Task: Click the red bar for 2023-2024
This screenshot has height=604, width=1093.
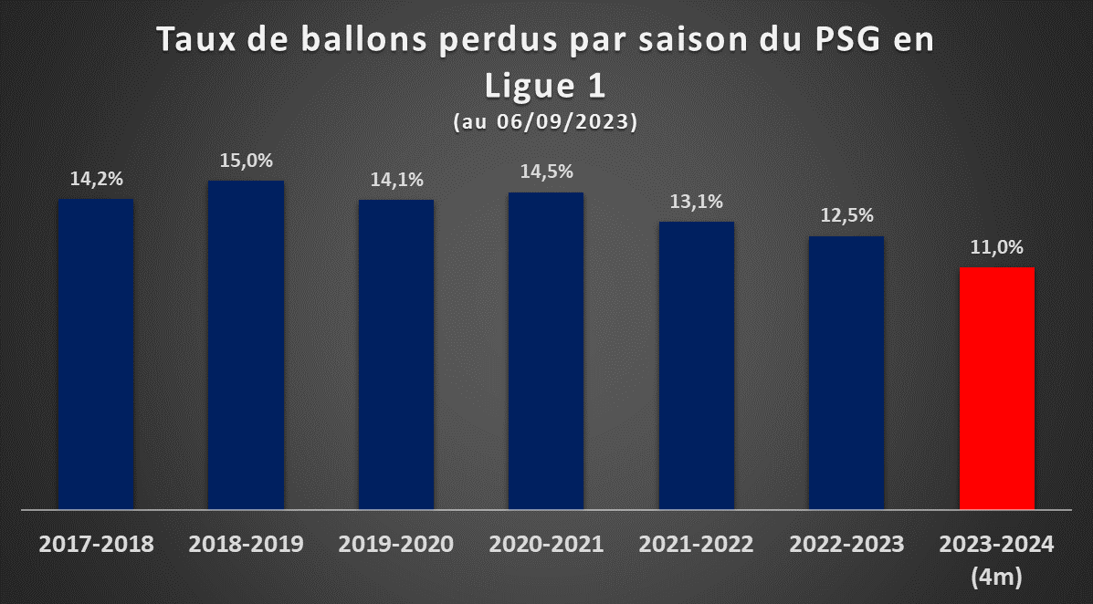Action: pyautogui.click(x=997, y=388)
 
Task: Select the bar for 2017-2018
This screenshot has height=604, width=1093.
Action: pyautogui.click(x=96, y=354)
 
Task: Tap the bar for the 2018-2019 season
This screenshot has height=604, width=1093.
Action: pyautogui.click(x=246, y=345)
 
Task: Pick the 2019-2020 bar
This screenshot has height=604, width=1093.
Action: pyautogui.click(x=396, y=355)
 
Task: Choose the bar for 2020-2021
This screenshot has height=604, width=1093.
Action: pyautogui.click(x=546, y=350)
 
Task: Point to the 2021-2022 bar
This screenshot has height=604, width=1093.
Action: pyautogui.click(x=697, y=365)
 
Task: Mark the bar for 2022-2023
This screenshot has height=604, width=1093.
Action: pyautogui.click(x=846, y=373)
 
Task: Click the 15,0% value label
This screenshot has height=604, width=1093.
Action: pyautogui.click(x=246, y=161)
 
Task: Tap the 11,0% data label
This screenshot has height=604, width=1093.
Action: pyautogui.click(x=997, y=247)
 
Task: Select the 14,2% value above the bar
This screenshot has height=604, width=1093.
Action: pyautogui.click(x=96, y=179)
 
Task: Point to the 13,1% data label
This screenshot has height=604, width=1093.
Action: pyautogui.click(x=697, y=202)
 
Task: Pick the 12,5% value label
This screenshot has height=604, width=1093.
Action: pyautogui.click(x=847, y=216)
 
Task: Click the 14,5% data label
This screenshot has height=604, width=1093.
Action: pyautogui.click(x=546, y=172)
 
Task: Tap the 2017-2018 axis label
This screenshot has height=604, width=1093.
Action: pyautogui.click(x=96, y=544)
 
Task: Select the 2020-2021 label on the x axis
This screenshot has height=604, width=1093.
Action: pyautogui.click(x=546, y=544)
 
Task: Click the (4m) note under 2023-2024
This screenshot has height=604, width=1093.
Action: pyautogui.click(x=997, y=577)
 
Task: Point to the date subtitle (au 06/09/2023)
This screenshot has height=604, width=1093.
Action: pyautogui.click(x=545, y=122)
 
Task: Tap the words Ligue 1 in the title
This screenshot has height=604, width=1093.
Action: pyautogui.click(x=545, y=87)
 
